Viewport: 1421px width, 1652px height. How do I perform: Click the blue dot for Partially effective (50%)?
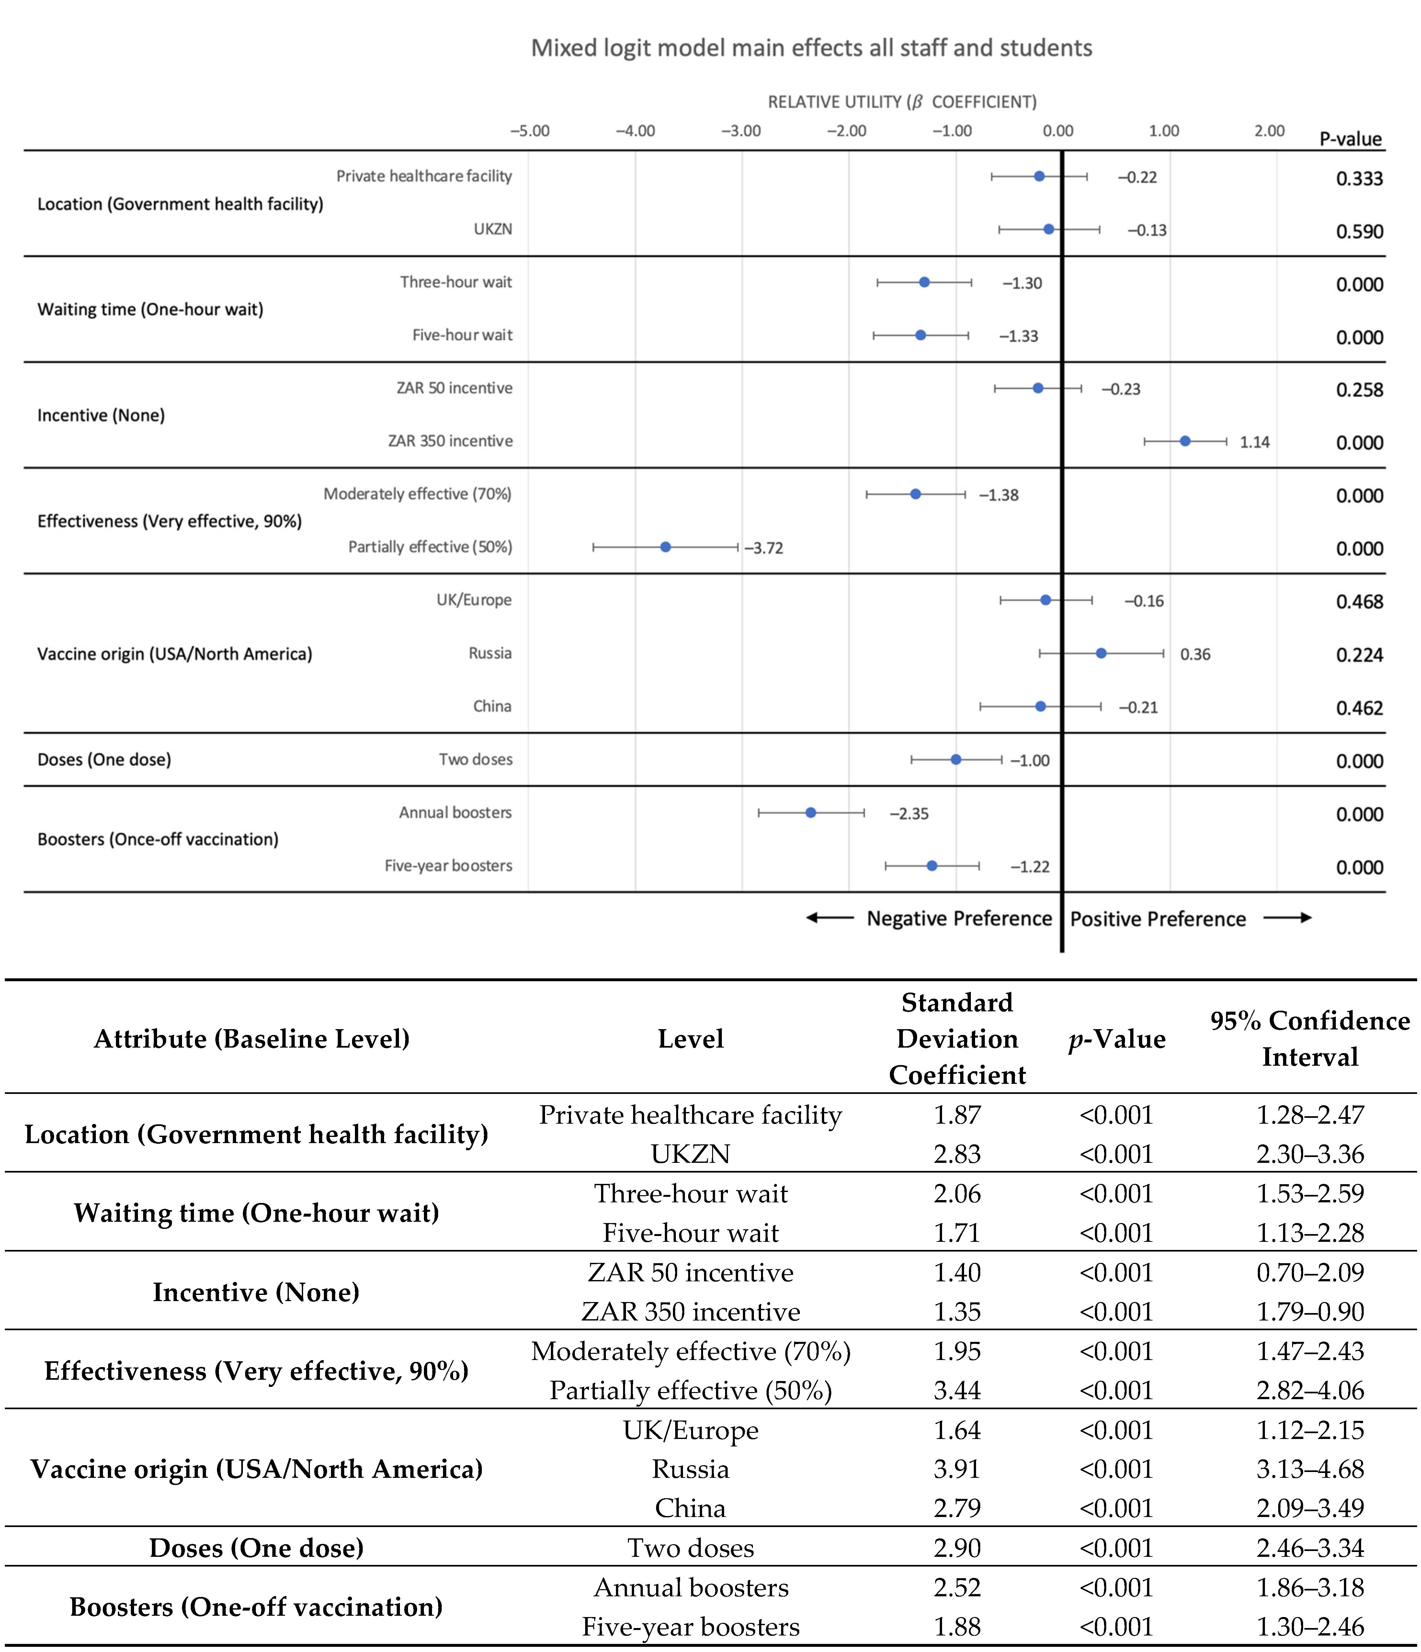coord(666,547)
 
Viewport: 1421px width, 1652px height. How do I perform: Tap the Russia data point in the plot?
coord(1101,653)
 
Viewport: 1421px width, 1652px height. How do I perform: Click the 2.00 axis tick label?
coord(1269,131)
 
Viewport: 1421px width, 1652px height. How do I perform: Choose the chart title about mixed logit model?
coord(811,48)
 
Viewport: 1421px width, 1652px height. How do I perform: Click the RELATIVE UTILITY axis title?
coord(902,102)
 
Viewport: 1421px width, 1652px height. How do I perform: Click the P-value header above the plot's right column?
coord(1350,140)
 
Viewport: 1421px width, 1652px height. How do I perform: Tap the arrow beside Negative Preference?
coord(829,918)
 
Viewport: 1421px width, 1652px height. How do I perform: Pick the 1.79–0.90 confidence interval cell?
coord(1309,1311)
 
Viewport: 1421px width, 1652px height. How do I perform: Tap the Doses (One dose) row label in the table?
coord(256,1547)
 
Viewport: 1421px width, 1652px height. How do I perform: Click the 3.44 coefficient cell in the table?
coord(957,1390)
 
